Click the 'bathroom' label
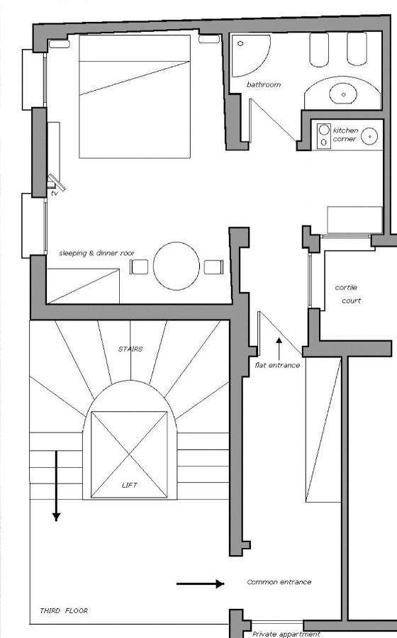[x=264, y=85]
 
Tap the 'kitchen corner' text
[x=346, y=135]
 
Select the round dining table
[x=177, y=267]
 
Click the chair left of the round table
[x=140, y=267]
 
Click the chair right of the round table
[x=213, y=267]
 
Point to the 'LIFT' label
[x=129, y=486]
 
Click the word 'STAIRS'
[x=130, y=349]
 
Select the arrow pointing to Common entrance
[x=200, y=584]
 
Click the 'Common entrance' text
[x=279, y=582]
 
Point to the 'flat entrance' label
[x=277, y=365]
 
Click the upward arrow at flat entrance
[x=279, y=347]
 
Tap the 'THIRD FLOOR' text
[x=64, y=610]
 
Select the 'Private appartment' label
[x=286, y=634]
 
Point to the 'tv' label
[x=54, y=193]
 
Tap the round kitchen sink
[x=369, y=136]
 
